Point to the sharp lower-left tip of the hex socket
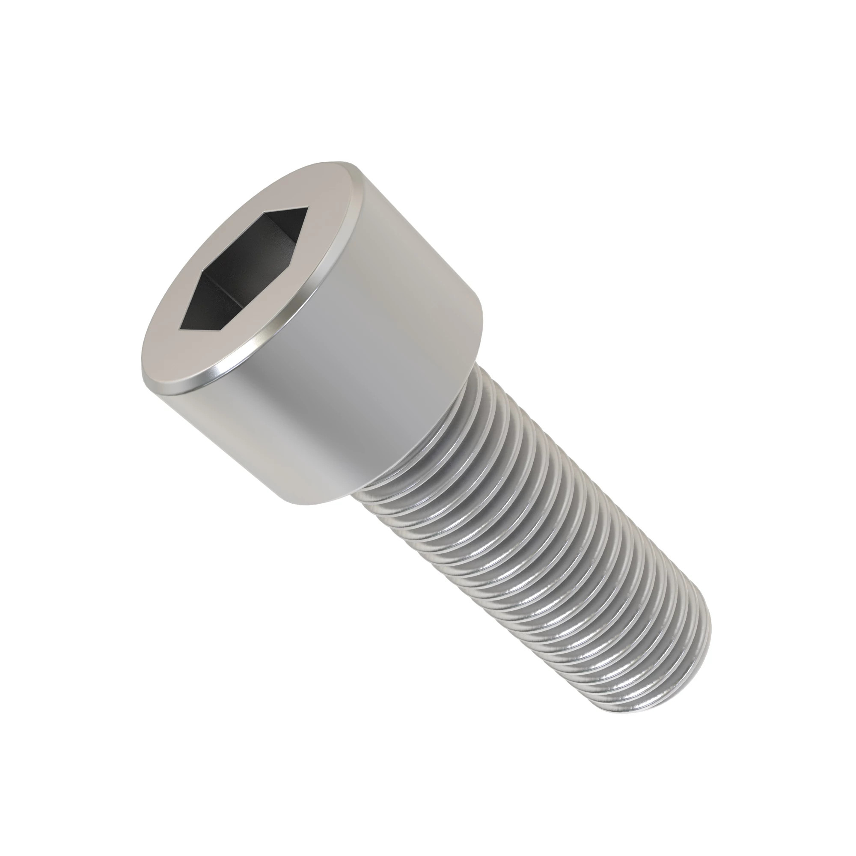179,329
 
